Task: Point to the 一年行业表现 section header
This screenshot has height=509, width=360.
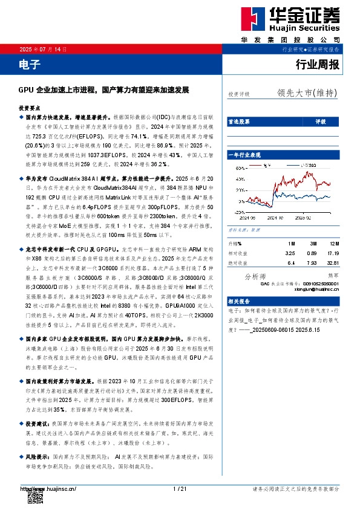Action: [x=244, y=155]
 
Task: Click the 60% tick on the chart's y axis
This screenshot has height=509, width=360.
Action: [x=240, y=168]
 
